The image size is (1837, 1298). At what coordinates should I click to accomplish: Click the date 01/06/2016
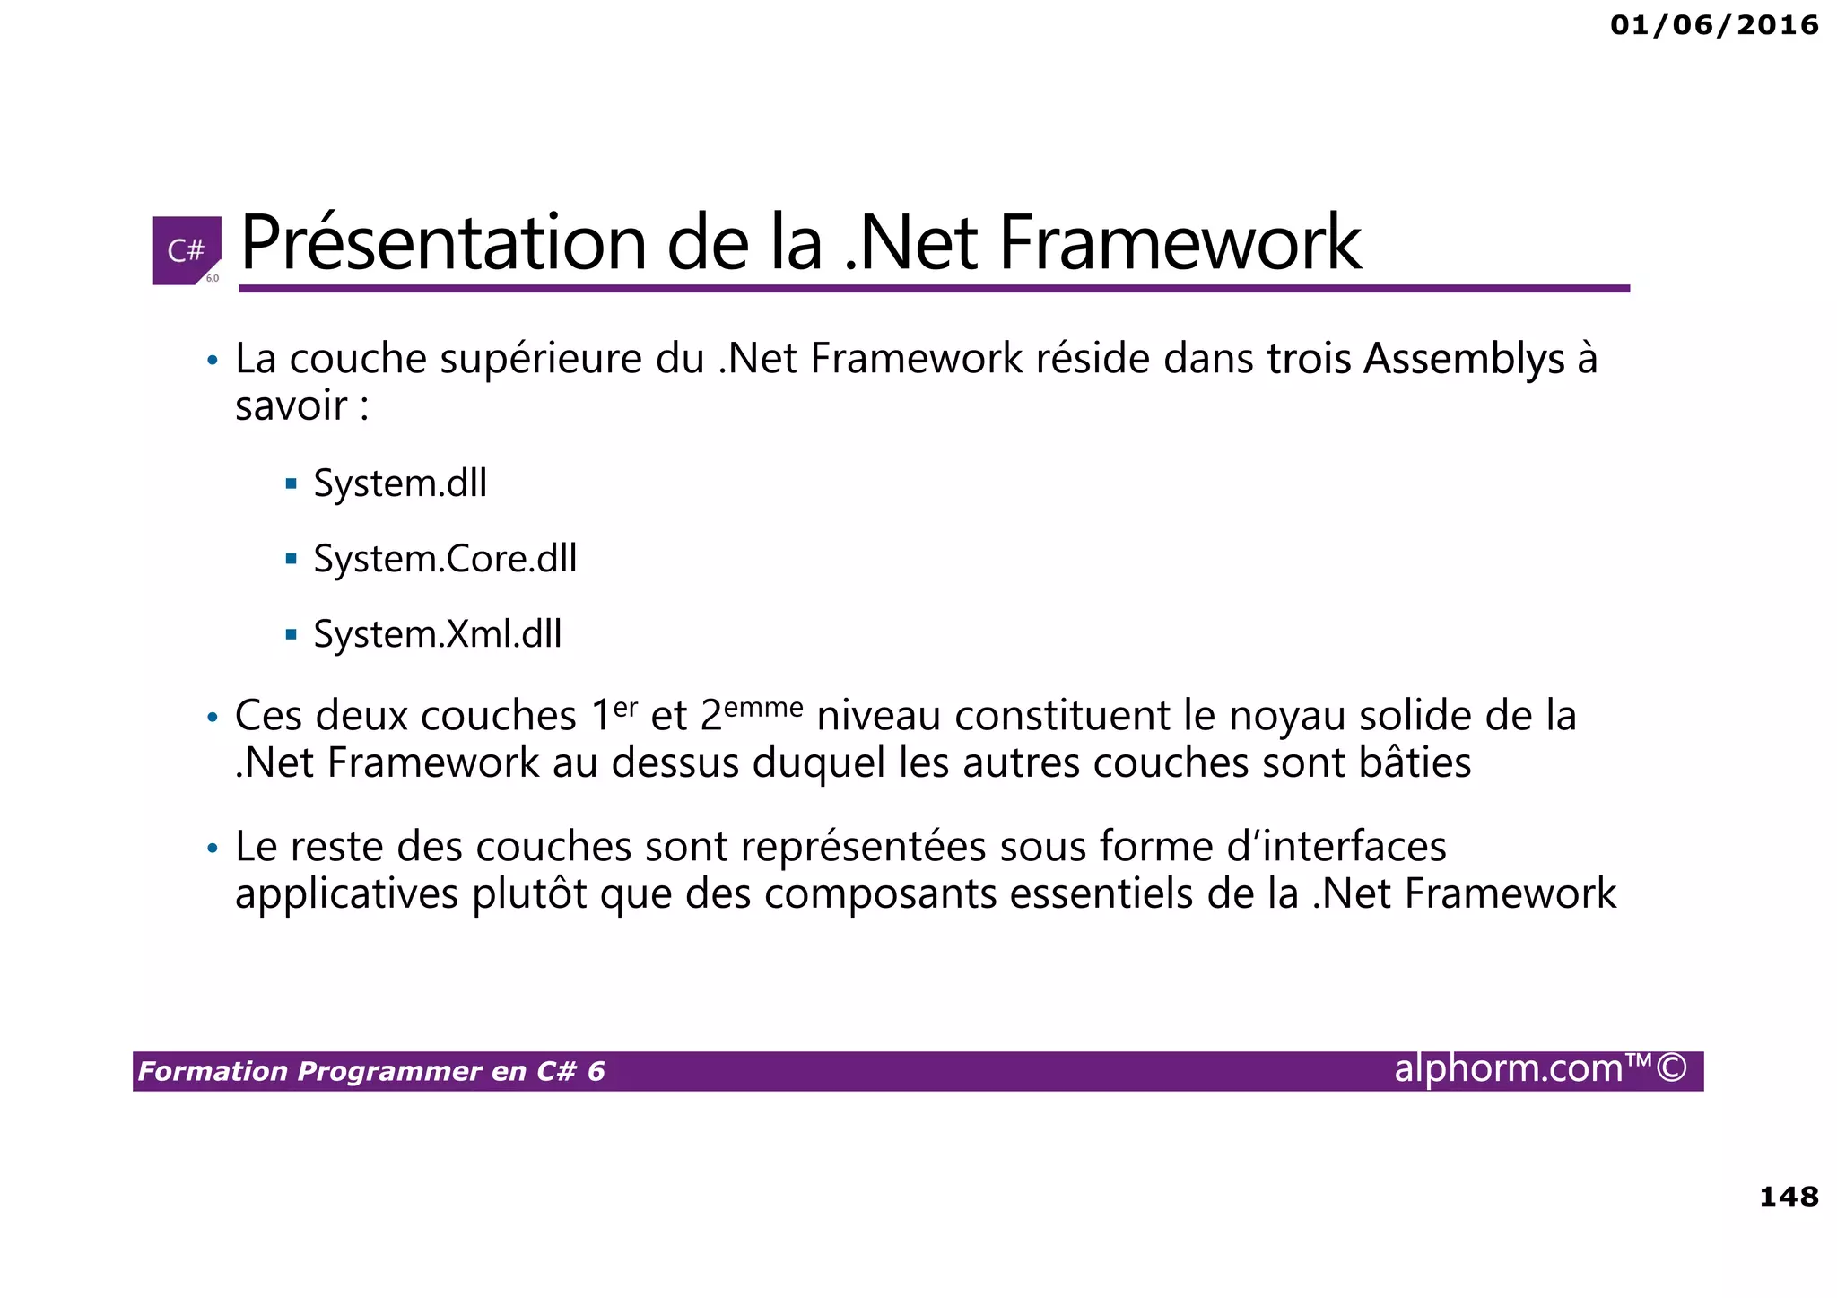pos(1714,25)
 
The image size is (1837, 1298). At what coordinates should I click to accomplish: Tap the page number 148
pos(1789,1197)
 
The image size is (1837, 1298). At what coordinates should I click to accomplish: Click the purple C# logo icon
pos(187,250)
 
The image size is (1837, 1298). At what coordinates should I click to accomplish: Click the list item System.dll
pos(400,484)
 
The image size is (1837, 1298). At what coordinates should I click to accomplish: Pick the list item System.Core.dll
pos(445,560)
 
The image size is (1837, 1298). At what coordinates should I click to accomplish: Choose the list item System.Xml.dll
pos(438,635)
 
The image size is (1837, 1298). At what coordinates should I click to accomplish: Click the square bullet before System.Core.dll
pos(291,560)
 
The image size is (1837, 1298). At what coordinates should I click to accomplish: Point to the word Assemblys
pos(1464,360)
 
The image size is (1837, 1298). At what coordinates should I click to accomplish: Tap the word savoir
pos(291,406)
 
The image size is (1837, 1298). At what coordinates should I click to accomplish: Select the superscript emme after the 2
pos(763,708)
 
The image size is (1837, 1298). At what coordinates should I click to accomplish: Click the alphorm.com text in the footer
pos(1510,1069)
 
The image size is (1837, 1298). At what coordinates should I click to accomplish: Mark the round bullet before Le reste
pos(213,849)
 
